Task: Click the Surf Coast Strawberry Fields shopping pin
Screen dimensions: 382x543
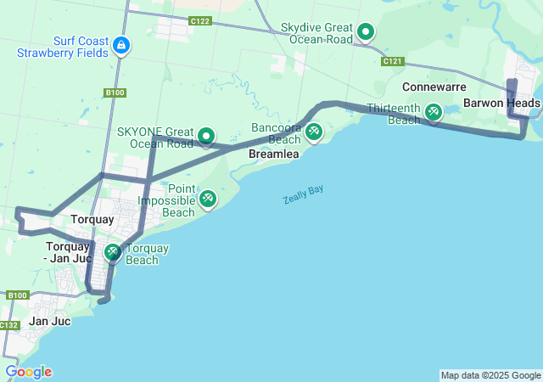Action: pos(122,44)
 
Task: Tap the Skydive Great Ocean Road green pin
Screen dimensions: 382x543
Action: pos(366,32)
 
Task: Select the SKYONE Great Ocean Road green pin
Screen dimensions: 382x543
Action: pos(205,136)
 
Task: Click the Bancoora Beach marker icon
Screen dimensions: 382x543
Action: pos(314,131)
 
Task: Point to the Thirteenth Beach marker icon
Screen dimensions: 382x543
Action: pos(434,111)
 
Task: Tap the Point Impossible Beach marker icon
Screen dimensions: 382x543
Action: pos(207,199)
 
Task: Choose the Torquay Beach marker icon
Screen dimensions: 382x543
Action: pos(113,252)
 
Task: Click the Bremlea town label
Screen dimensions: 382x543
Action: pos(271,155)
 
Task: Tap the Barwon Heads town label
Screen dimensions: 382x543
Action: pos(501,104)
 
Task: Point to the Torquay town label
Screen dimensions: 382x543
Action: pos(92,219)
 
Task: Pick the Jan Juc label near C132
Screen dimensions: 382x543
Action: pos(49,321)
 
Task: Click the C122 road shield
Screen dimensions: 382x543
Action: pos(200,20)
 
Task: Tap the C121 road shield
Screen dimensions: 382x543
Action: pos(392,62)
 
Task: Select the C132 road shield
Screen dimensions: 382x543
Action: pos(9,325)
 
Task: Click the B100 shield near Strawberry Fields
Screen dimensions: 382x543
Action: pos(115,93)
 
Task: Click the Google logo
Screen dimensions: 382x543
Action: pos(28,372)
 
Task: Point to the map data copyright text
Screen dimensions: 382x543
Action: pos(490,375)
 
